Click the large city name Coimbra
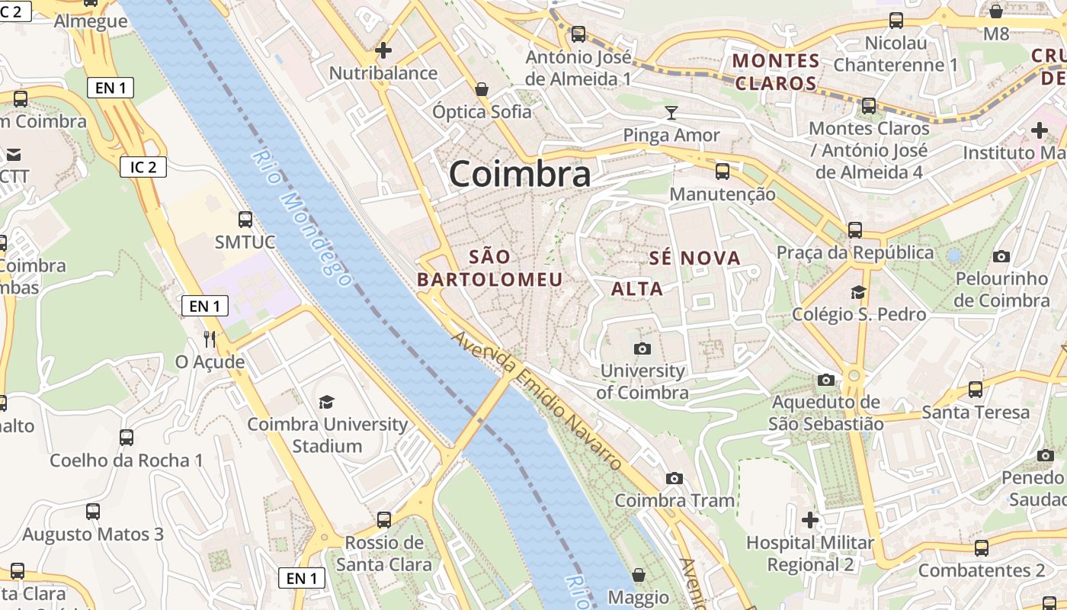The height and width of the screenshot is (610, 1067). coord(519,174)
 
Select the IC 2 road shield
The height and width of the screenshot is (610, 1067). coord(143,167)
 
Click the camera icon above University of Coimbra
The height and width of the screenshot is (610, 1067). coord(642,348)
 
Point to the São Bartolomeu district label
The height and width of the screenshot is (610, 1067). coord(489,268)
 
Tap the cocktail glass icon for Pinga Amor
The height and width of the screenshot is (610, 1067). coord(671,113)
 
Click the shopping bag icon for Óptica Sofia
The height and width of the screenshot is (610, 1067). coord(482,89)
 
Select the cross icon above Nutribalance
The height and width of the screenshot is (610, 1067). coord(383,50)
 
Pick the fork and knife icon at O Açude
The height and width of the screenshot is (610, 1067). coord(210,339)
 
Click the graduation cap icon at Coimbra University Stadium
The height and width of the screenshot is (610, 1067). coord(327,402)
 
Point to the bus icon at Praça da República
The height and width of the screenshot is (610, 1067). coord(855,230)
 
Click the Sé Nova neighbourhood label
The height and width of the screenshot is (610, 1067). coord(694,258)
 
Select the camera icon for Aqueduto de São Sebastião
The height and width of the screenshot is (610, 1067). coord(825,379)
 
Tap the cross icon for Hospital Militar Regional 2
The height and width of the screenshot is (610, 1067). coord(809,520)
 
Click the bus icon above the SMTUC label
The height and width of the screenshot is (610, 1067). coord(245,220)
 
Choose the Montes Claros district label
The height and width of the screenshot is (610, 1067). coord(776,72)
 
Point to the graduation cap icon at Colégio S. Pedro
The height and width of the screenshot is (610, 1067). coord(858,292)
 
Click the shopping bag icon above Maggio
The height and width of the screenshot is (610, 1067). coord(639,575)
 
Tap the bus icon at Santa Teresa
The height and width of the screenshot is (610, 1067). coord(975,390)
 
